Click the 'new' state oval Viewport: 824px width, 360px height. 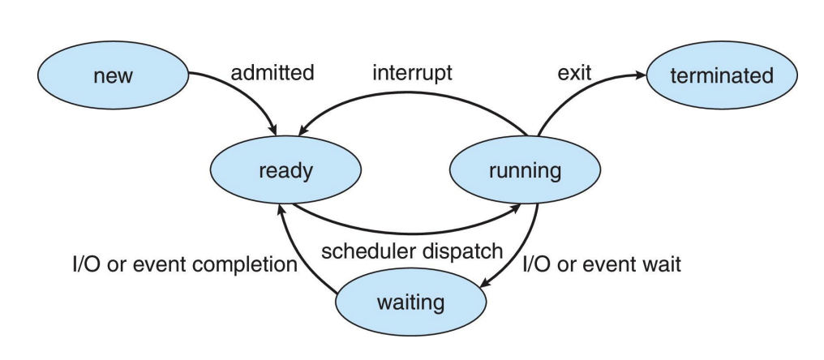(x=113, y=75)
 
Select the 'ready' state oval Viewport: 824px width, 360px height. (x=285, y=170)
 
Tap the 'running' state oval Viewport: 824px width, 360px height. (x=525, y=170)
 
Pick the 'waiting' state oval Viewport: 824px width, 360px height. (x=410, y=302)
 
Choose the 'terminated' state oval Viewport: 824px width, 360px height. (x=722, y=75)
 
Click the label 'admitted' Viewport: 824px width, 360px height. (x=273, y=72)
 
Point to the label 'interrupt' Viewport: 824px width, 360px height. (x=412, y=72)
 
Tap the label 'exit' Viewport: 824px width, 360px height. (x=574, y=72)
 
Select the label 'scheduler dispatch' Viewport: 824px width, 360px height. (x=412, y=251)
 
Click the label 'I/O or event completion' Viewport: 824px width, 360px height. (x=185, y=264)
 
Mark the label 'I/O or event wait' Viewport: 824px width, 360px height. (x=602, y=264)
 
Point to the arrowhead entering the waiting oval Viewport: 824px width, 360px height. (x=486, y=283)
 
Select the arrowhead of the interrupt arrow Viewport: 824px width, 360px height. (x=303, y=131)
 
